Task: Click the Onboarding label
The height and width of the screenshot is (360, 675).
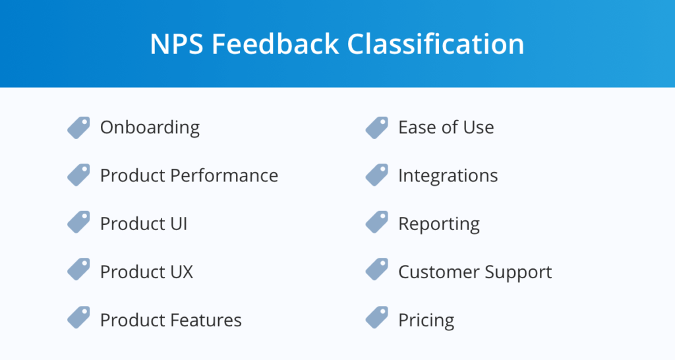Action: pos(150,127)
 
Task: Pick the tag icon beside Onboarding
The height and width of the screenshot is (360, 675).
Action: pos(78,127)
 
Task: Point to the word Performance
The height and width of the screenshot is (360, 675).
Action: pos(224,175)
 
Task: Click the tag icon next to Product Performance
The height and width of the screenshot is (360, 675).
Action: pos(78,175)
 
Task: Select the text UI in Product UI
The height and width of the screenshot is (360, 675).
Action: pos(178,224)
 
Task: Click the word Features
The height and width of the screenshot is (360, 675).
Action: pos(206,320)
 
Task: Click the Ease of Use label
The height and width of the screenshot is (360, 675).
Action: pos(446,127)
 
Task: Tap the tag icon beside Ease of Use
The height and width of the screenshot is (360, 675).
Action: pos(376,127)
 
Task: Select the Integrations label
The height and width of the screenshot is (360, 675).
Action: pos(448,175)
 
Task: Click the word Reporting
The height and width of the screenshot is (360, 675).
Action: pos(438,224)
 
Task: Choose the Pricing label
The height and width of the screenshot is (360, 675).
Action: pos(426,321)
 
